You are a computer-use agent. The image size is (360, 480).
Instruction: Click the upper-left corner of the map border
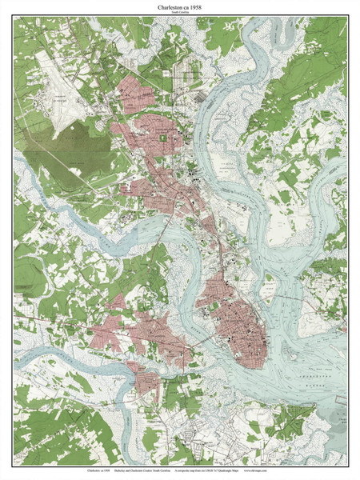coord(14,18)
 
